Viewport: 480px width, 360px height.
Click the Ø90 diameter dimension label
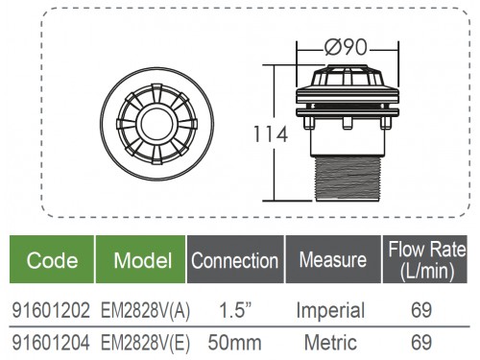pos(346,48)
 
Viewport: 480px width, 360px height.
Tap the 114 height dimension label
pos(271,134)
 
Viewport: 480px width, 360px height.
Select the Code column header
pos(52,260)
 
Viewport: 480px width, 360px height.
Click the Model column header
pos(143,260)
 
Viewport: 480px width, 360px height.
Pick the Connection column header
pos(235,260)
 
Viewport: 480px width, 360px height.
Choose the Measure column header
pos(333,259)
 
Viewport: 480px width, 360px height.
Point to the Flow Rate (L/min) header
pos(427,260)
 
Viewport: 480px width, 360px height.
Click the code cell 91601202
pos(51,310)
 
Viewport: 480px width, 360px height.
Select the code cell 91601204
pos(51,343)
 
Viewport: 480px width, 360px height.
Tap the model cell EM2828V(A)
pos(145,310)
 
